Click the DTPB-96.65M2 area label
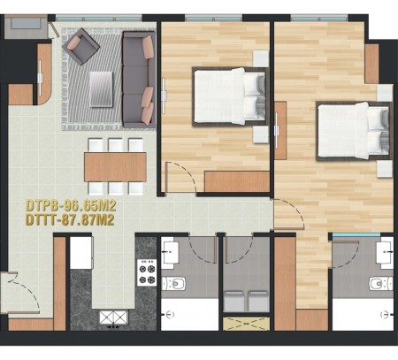pyautogui.click(x=71, y=206)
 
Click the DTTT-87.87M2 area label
pyautogui.click(x=70, y=220)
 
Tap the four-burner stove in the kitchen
pyautogui.click(x=147, y=272)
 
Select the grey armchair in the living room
pyautogui.click(x=80, y=46)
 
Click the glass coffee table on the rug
pyautogui.click(x=101, y=89)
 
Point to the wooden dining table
pyautogui.click(x=115, y=167)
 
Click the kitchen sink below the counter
pyautogui.click(x=113, y=318)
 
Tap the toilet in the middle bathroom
pyautogui.click(x=174, y=284)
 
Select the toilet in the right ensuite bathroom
pyautogui.click(x=381, y=284)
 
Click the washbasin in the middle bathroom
pyautogui.click(x=170, y=252)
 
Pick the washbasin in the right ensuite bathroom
pyautogui.click(x=385, y=252)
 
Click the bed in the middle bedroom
pyautogui.click(x=230, y=96)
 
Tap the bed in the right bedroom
pyautogui.click(x=354, y=131)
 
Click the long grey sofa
pyautogui.click(x=139, y=79)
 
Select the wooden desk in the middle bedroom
pyautogui.click(x=237, y=181)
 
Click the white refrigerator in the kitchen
pyautogui.click(x=81, y=253)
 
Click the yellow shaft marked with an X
pyautogui.click(x=246, y=324)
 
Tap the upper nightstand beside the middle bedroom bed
pyautogui.click(x=261, y=58)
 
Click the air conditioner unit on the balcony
pyautogui.click(x=26, y=23)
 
